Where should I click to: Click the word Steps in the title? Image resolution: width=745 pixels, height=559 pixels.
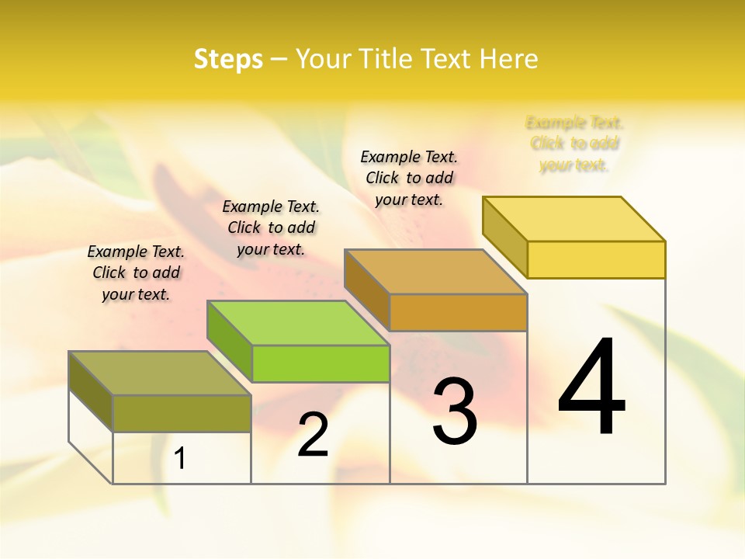click(228, 59)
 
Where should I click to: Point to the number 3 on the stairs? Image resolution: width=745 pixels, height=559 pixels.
click(455, 411)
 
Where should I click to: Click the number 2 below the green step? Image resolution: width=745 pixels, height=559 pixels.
click(313, 435)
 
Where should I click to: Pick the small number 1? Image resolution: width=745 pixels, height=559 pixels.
click(180, 459)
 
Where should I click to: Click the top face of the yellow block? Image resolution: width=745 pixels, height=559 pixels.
click(574, 218)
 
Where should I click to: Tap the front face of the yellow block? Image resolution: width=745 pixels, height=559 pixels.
click(596, 259)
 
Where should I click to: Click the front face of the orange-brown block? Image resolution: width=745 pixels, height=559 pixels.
click(458, 312)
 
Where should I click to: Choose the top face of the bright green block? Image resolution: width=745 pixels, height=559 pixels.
click(298, 322)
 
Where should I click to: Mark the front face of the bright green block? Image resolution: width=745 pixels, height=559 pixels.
click(321, 363)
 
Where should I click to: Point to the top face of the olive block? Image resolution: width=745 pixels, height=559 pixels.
click(160, 373)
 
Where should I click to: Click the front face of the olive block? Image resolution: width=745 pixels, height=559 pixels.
click(182, 413)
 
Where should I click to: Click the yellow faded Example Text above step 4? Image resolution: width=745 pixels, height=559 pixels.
click(574, 144)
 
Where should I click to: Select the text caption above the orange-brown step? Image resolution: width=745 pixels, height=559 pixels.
click(409, 178)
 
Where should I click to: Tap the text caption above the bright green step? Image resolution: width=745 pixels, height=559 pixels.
click(271, 227)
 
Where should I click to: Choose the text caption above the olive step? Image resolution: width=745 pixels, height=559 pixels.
click(136, 273)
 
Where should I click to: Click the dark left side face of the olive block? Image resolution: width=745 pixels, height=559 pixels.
click(91, 391)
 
